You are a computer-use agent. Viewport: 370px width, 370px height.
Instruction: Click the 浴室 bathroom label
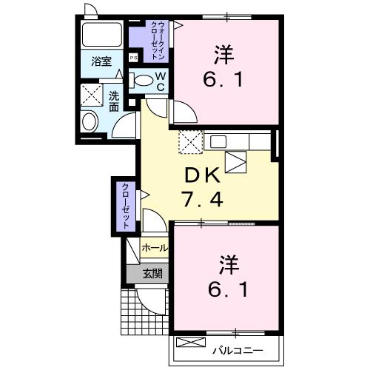point(101,62)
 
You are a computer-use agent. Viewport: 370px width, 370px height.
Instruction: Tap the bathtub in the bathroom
point(102,36)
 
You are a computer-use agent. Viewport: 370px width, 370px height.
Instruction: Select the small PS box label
point(134,57)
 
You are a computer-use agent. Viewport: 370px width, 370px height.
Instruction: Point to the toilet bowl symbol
point(143,80)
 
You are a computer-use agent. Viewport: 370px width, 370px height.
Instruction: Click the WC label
point(160,81)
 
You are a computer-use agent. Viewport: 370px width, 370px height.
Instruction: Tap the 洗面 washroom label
point(114,101)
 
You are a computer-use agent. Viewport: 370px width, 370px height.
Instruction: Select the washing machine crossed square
point(92,95)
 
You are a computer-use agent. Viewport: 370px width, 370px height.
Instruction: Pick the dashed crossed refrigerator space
point(189,141)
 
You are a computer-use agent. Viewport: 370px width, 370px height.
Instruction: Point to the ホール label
point(154,248)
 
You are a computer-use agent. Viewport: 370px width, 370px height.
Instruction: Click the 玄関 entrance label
point(152,273)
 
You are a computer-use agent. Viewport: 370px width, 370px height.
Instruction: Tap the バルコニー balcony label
point(235,346)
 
